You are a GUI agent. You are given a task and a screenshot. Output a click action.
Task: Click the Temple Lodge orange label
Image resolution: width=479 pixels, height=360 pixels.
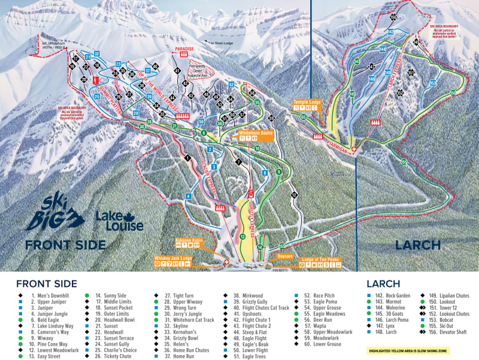307,102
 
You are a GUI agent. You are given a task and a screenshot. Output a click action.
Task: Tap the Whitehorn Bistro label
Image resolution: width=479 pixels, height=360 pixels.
256,131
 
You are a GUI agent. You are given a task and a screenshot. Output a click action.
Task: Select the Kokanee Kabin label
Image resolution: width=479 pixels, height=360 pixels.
187,240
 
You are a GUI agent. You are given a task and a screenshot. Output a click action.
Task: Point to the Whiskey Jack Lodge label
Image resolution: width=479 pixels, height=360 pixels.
173,258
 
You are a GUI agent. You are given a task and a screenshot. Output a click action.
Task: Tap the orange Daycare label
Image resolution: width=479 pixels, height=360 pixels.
285,256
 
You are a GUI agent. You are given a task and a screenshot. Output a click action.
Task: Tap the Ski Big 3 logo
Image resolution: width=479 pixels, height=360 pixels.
51,213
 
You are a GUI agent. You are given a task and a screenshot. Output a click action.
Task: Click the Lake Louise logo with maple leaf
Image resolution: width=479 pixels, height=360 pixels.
120,221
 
